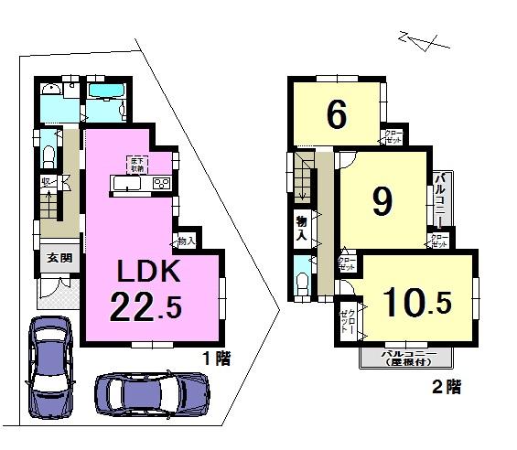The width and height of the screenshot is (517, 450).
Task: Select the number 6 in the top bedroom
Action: click(x=337, y=114)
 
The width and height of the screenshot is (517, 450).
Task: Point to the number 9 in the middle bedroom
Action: click(x=382, y=202)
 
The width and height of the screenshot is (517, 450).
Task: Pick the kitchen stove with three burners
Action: click(x=161, y=185)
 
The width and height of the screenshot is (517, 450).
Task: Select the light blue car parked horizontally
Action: click(x=151, y=395)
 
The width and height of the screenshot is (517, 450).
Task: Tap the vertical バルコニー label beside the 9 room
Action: click(x=440, y=199)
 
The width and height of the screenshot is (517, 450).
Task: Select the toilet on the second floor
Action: click(x=302, y=278)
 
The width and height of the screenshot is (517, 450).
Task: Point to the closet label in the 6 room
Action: click(x=392, y=137)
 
